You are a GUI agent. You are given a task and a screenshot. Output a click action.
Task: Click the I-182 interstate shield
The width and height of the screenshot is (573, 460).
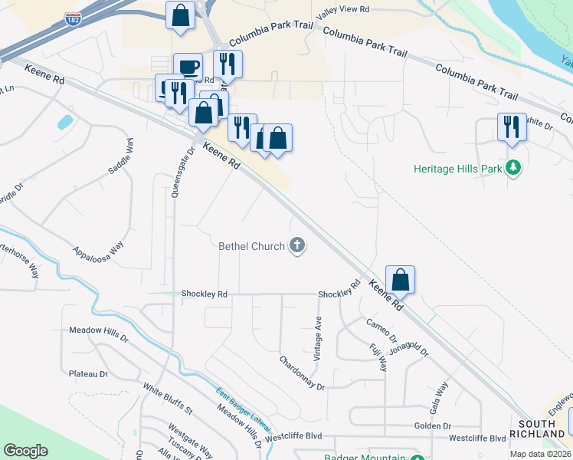click(73, 20)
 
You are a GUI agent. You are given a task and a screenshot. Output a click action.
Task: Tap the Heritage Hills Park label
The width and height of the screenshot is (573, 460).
click(457, 168)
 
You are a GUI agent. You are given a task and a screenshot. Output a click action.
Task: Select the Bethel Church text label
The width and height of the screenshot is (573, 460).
click(251, 246)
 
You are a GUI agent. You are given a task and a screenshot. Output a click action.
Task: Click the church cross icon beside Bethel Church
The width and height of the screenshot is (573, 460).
click(297, 246)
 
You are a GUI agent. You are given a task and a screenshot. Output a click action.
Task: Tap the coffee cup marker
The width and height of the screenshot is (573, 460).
click(188, 66)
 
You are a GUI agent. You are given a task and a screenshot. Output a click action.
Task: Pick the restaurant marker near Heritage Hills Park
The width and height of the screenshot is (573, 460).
click(511, 127)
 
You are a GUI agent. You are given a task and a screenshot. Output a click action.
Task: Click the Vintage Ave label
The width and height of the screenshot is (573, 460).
click(317, 340)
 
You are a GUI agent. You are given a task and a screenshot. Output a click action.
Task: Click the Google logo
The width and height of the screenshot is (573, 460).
click(26, 451)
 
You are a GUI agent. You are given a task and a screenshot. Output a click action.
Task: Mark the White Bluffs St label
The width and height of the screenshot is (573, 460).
click(167, 399)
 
